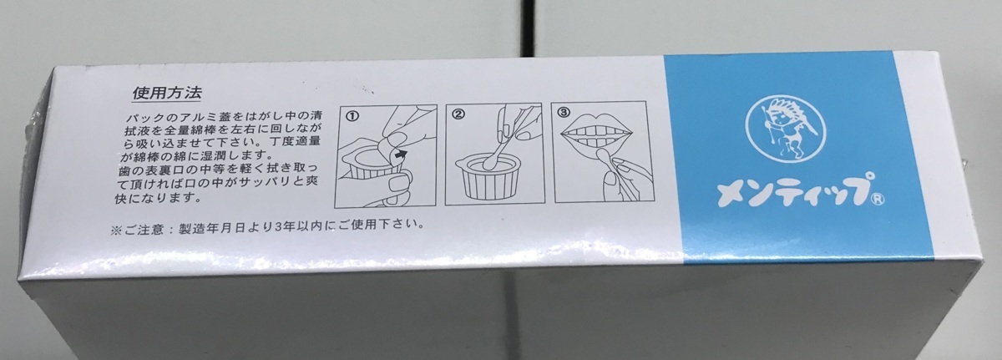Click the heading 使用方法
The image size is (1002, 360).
[x=167, y=93]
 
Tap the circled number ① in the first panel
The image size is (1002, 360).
[x=352, y=115]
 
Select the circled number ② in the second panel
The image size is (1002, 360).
[x=458, y=114]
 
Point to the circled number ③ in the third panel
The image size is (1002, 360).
[x=563, y=112]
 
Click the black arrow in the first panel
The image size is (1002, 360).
[x=402, y=155]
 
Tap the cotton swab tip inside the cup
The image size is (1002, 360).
[x=487, y=161]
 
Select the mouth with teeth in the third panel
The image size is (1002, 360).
[x=597, y=133]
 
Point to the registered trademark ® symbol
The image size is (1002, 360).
[x=878, y=200]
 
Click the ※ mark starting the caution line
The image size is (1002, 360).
[x=115, y=231]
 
